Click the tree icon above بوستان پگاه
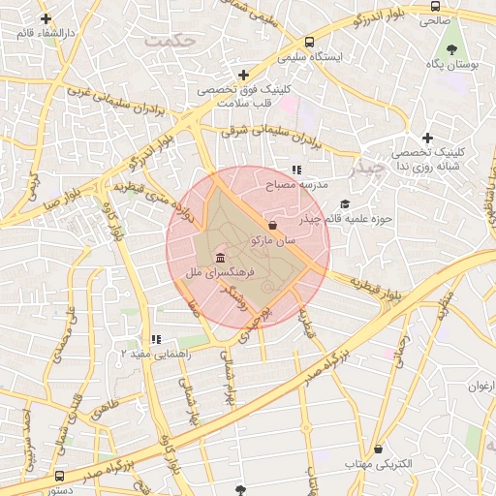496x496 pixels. pos(451,48)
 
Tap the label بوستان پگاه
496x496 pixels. pos(452,64)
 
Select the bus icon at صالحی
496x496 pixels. pos(434,6)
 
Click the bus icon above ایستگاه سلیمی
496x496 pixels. pos(309,43)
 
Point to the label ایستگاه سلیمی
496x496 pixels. pos(309,57)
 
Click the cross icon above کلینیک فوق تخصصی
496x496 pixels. pos(242,75)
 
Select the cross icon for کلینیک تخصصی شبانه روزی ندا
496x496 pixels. pos(426,139)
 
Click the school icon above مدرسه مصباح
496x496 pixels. pos(296,170)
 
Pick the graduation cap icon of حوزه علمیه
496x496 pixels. pos(345,204)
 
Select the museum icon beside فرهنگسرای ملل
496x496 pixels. pos(221,259)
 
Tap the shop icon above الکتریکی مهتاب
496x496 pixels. pos(378,449)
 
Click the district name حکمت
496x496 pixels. pos(168,42)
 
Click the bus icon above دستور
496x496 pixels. pos(60,477)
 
